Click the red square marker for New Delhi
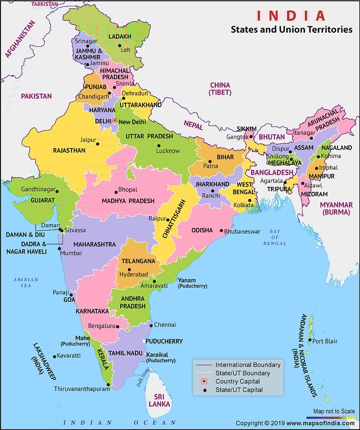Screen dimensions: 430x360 114,121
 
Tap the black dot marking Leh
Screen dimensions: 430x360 120,45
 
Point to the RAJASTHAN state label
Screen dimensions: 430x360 69,150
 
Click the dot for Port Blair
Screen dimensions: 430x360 309,340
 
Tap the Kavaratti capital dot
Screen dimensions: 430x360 54,356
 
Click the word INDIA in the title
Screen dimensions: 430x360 291,16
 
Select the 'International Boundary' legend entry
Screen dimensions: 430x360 247,365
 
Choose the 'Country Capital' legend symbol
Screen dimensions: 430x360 203,381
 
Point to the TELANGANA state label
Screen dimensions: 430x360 138,261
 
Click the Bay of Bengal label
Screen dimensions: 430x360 275,237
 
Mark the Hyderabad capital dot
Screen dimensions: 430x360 130,270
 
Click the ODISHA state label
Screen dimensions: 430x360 202,230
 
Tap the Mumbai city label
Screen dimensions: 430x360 71,253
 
